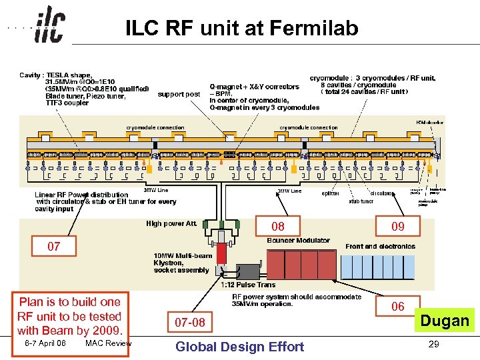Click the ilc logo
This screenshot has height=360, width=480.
tap(49, 26)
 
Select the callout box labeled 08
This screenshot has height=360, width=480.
tap(277, 227)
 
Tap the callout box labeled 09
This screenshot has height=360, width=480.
tap(397, 227)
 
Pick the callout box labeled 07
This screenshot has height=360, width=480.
tap(53, 247)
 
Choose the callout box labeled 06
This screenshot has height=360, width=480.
tap(397, 306)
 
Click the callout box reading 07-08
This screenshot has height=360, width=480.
tap(190, 323)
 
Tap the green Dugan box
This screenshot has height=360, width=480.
tap(445, 321)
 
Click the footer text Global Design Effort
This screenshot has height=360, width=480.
tap(239, 346)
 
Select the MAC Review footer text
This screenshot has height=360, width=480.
tap(109, 343)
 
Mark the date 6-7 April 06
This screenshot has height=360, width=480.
tap(45, 343)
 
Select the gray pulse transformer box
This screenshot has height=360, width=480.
tap(247, 271)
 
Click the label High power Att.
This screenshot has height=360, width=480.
tap(171, 223)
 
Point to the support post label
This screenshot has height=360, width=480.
tap(179, 94)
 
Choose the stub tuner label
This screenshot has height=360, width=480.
tap(361, 200)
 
